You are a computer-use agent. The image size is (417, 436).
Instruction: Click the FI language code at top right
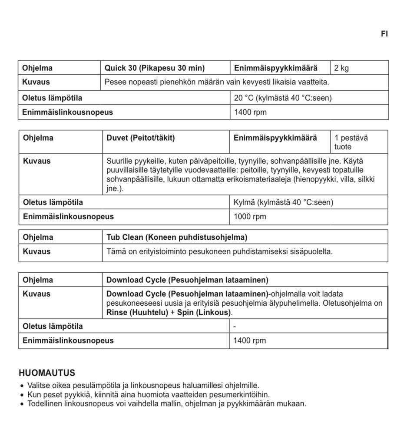click(384, 34)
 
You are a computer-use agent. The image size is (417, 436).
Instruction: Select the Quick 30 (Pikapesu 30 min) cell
click(155, 68)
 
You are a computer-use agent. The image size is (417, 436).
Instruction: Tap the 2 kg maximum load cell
click(341, 68)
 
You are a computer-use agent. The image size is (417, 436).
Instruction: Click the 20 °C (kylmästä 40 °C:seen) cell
click(282, 98)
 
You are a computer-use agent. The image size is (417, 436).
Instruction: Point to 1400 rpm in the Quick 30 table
click(250, 112)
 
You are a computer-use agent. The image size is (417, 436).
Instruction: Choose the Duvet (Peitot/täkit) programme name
click(140, 138)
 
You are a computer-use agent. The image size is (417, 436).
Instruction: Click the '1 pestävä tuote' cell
click(351, 142)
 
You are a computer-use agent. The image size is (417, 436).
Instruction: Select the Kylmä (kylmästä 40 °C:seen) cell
click(283, 202)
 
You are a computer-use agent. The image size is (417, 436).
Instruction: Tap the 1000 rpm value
click(250, 217)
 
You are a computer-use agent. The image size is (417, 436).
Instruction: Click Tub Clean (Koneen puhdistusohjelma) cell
click(177, 237)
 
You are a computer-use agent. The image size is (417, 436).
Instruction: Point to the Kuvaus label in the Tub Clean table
click(36, 251)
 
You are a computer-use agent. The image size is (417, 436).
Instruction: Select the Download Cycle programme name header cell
click(187, 280)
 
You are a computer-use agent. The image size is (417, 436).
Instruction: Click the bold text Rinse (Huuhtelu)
click(137, 312)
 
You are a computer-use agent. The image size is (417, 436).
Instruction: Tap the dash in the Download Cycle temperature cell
click(235, 327)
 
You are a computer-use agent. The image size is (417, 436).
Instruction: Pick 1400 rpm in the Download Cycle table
click(249, 341)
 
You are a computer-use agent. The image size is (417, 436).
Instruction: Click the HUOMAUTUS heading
click(47, 373)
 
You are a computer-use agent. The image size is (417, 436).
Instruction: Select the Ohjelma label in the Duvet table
click(38, 138)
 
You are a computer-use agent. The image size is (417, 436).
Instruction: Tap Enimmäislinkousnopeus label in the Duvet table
click(68, 217)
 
